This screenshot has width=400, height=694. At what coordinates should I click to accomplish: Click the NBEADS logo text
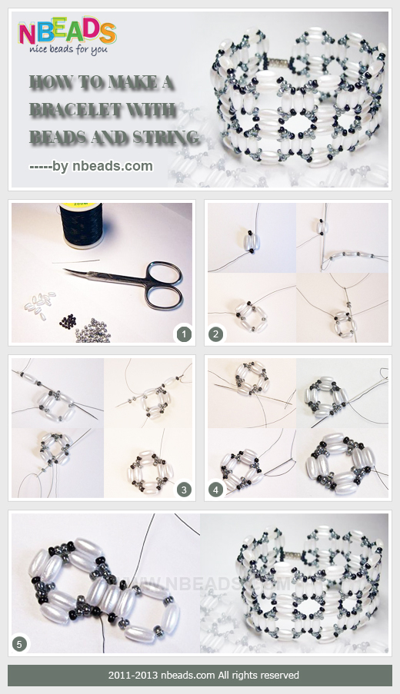pyautogui.click(x=67, y=32)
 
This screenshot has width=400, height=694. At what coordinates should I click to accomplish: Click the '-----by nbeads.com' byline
pyautogui.click(x=91, y=165)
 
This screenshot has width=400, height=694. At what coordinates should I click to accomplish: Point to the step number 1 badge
pyautogui.click(x=183, y=334)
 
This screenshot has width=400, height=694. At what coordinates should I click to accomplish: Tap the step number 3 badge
pyautogui.click(x=183, y=489)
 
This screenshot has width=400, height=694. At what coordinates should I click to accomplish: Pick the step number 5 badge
pyautogui.click(x=20, y=644)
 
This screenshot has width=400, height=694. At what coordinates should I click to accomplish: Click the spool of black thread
pyautogui.click(x=82, y=227)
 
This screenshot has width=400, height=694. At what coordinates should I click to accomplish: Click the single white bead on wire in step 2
pyautogui.click(x=252, y=240)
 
